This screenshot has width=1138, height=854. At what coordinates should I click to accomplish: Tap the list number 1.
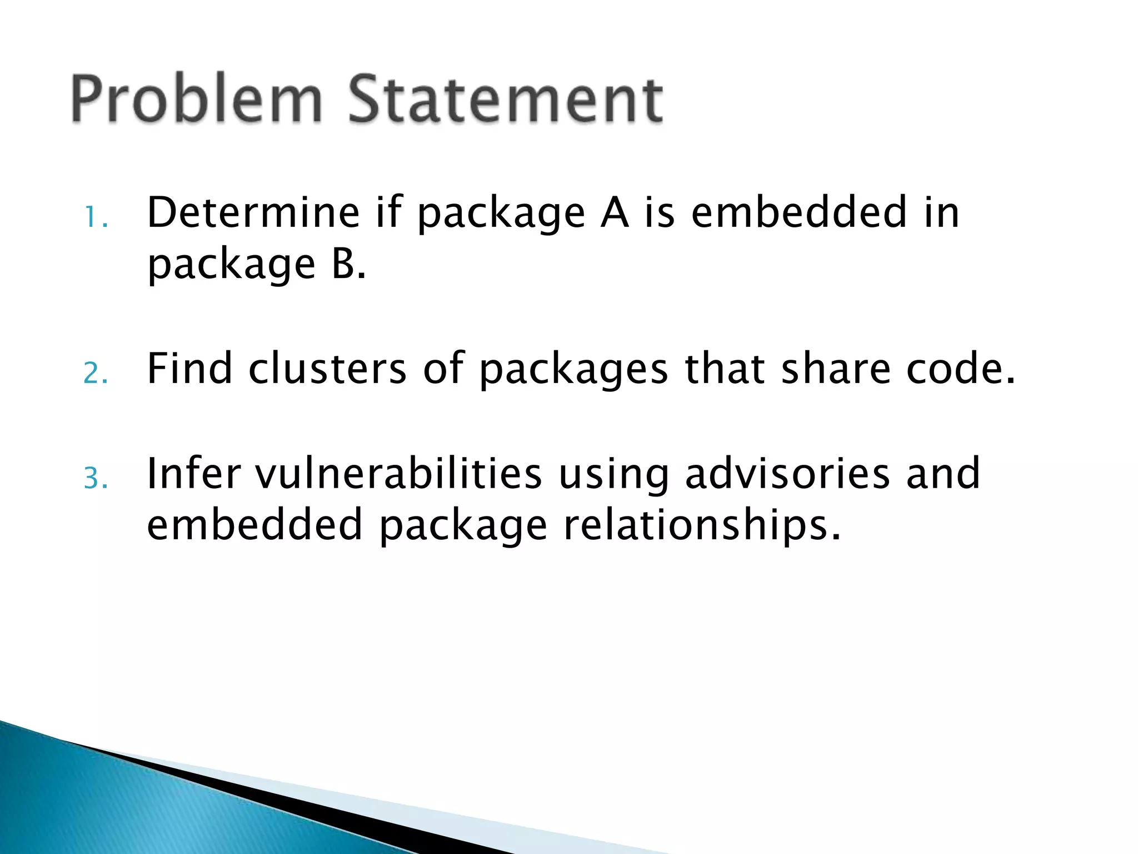[x=96, y=218]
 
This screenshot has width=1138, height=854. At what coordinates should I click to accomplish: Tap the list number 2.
[x=96, y=374]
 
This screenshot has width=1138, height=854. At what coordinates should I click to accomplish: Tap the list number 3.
[x=96, y=478]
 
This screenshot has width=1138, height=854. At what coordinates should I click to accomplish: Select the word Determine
[x=253, y=212]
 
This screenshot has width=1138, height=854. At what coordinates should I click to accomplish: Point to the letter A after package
[x=614, y=212]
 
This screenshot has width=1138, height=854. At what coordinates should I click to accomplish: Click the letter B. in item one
[x=349, y=264]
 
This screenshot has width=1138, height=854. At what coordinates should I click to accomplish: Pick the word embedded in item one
[x=799, y=212]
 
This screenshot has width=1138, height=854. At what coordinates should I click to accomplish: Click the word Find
[x=189, y=369]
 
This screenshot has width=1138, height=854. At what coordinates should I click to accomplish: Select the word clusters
[x=327, y=369]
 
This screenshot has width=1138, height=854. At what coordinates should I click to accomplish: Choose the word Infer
[x=193, y=473]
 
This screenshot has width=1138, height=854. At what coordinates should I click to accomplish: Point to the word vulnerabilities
[x=398, y=473]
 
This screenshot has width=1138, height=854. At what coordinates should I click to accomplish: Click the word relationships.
[x=702, y=525]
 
